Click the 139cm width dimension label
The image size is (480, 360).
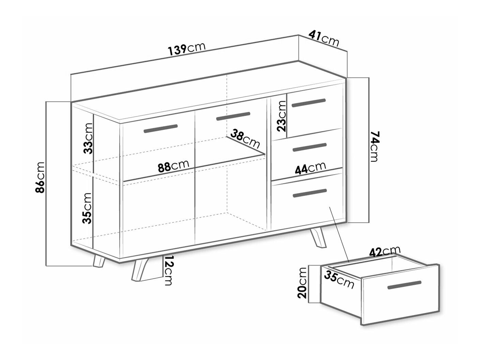click(x=186, y=50)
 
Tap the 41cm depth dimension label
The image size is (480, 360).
click(x=324, y=39)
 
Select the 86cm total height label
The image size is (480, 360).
click(x=40, y=178)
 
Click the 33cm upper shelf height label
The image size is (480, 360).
click(x=88, y=138)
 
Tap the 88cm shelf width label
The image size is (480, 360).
click(x=174, y=167)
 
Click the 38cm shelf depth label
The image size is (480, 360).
click(x=245, y=139)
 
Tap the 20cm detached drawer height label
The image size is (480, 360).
click(x=302, y=283)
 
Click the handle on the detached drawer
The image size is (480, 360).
click(x=405, y=285)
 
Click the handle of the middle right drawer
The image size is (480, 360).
click(x=310, y=147)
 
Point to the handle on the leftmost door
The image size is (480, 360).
click(x=161, y=129)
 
